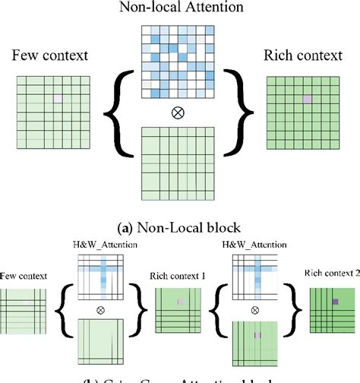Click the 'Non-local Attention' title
point(181,8)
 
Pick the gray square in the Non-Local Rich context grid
point(307,100)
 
